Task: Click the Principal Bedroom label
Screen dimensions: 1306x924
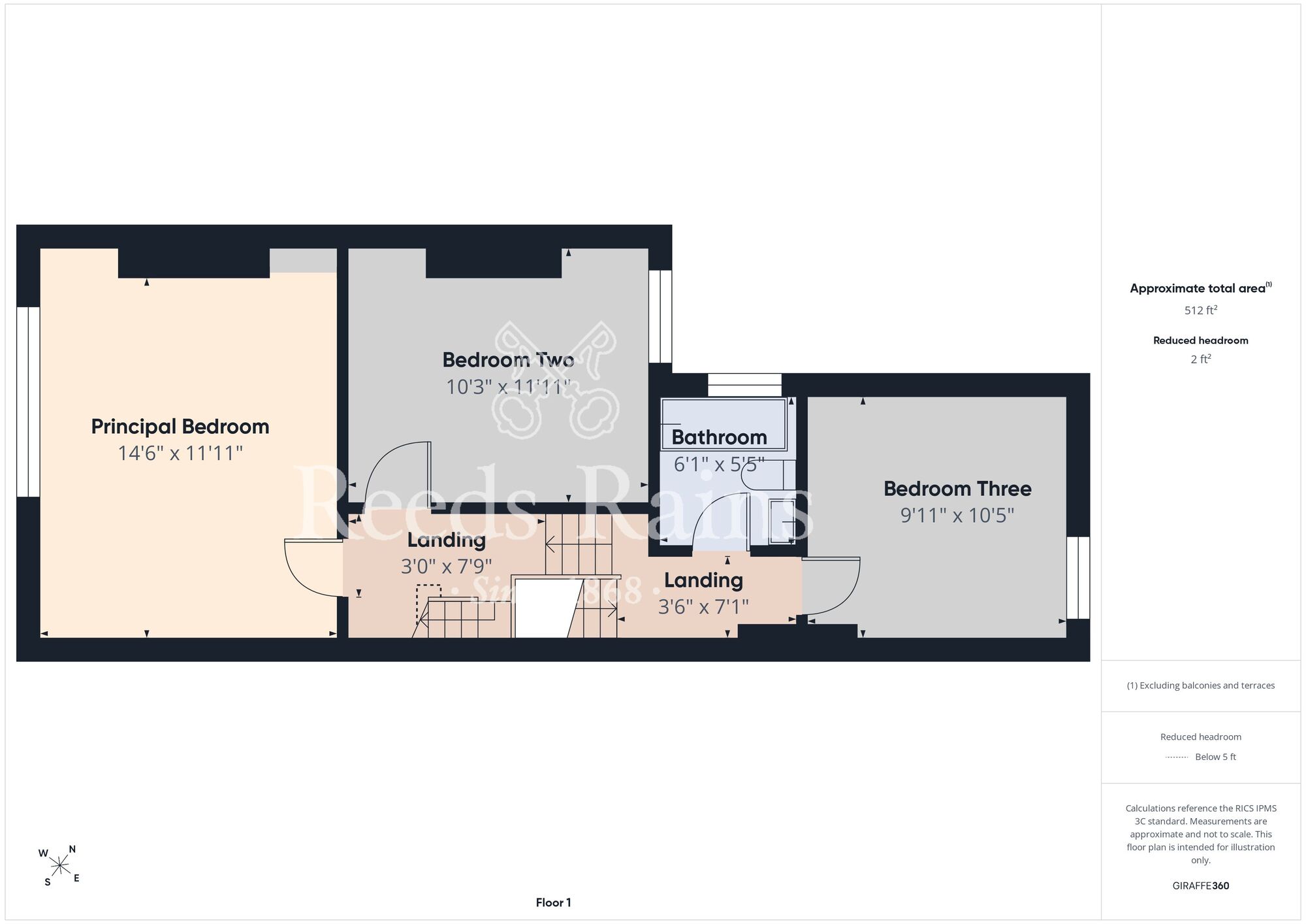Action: [x=180, y=427]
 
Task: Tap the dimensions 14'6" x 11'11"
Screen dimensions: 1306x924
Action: [x=180, y=454]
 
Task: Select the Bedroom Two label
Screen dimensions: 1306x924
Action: [x=508, y=360]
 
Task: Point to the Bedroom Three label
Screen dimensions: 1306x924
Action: [x=957, y=489]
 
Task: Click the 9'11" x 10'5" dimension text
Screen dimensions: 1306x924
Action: [x=957, y=516]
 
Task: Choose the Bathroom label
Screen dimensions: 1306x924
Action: [x=719, y=437]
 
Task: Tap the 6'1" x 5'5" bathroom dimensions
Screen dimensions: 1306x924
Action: [x=719, y=465]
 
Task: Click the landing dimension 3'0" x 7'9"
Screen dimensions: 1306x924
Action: [x=447, y=567]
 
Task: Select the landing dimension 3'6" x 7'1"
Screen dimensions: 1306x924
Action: [x=703, y=607]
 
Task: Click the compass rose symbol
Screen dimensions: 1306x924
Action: [x=59, y=866]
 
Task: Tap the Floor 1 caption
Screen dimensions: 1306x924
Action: [x=553, y=902]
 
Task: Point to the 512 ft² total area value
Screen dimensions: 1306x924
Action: [x=1200, y=310]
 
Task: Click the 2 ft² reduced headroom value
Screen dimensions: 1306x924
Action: [x=1200, y=359]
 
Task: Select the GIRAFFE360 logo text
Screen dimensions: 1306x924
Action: [x=1200, y=886]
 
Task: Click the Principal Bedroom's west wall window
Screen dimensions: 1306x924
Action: [x=28, y=402]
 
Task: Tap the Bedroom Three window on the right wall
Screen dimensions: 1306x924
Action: [x=1078, y=578]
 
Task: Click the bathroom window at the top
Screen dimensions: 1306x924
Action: [x=744, y=385]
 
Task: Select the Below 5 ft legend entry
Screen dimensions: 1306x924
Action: [x=1201, y=757]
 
